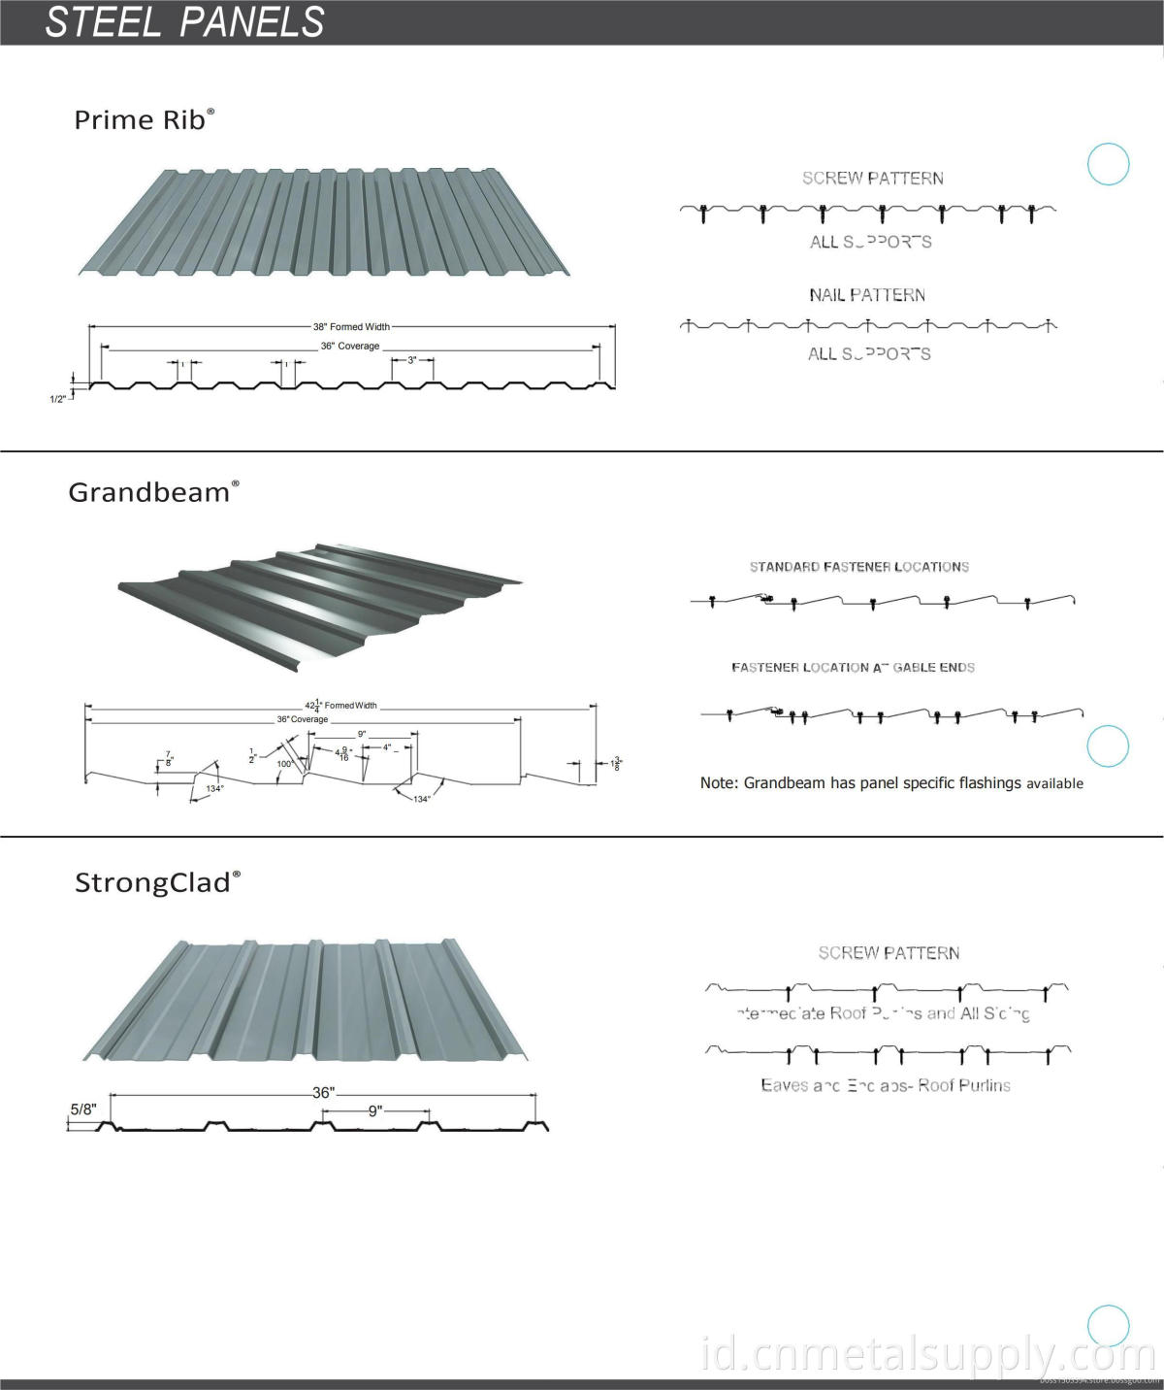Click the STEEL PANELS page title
pyautogui.click(x=184, y=22)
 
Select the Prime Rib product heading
pyautogui.click(x=144, y=119)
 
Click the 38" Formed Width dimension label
pyautogui.click(x=351, y=327)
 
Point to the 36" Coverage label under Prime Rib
pyautogui.click(x=350, y=347)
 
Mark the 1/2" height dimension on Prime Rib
pyautogui.click(x=58, y=398)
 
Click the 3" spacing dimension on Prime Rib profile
pyautogui.click(x=412, y=360)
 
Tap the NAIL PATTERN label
pyautogui.click(x=867, y=295)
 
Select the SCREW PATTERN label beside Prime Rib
pyautogui.click(x=872, y=179)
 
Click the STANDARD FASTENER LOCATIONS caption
pyautogui.click(x=858, y=567)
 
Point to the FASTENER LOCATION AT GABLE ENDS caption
pyautogui.click(x=853, y=668)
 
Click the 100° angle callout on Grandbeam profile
pyautogui.click(x=284, y=764)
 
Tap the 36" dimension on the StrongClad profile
pyautogui.click(x=323, y=1093)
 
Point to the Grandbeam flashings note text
pyautogui.click(x=890, y=783)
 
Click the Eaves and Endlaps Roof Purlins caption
pyautogui.click(x=885, y=1085)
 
